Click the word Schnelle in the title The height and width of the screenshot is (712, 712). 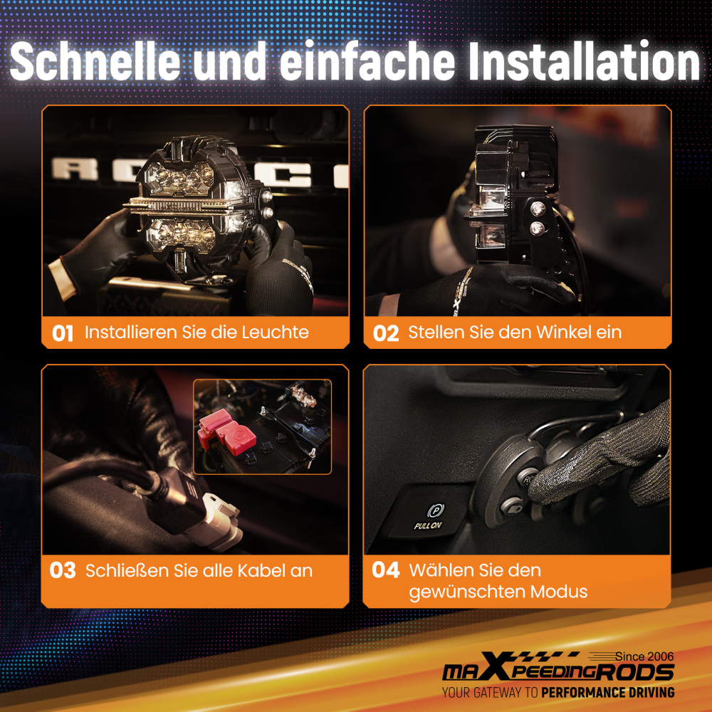[x=95, y=62]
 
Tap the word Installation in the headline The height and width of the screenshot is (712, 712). [x=585, y=61]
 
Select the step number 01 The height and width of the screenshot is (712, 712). [x=62, y=333]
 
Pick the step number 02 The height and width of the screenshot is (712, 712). [x=385, y=333]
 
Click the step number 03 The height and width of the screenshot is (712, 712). [x=63, y=570]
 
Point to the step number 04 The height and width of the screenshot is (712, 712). [x=385, y=570]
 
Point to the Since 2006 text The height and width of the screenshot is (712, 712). [x=644, y=656]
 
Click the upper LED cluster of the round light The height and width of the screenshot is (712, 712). [x=180, y=178]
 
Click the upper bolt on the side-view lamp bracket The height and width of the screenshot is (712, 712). [x=538, y=209]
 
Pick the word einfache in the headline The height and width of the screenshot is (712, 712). [x=367, y=62]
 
